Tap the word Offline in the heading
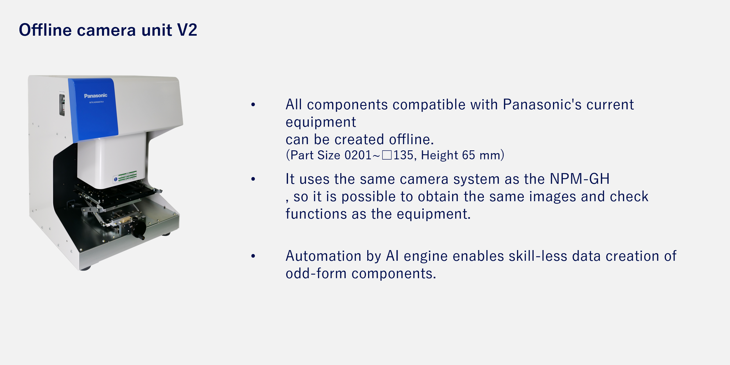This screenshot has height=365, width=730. pyautogui.click(x=45, y=30)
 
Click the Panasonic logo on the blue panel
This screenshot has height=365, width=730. pyautogui.click(x=96, y=96)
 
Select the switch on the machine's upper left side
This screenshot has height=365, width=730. pyautogui.click(x=62, y=105)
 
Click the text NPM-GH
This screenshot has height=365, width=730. pyautogui.click(x=579, y=179)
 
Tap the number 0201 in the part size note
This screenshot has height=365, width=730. pyautogui.click(x=358, y=155)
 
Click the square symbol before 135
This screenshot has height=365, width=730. pyautogui.click(x=387, y=155)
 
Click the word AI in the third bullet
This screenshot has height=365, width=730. pyautogui.click(x=393, y=256)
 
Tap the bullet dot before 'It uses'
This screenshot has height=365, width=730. pyautogui.click(x=253, y=179)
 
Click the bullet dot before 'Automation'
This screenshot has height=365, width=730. pyautogui.click(x=253, y=256)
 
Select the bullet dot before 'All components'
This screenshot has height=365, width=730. pyautogui.click(x=253, y=105)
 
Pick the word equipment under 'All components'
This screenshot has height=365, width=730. pyautogui.click(x=321, y=123)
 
